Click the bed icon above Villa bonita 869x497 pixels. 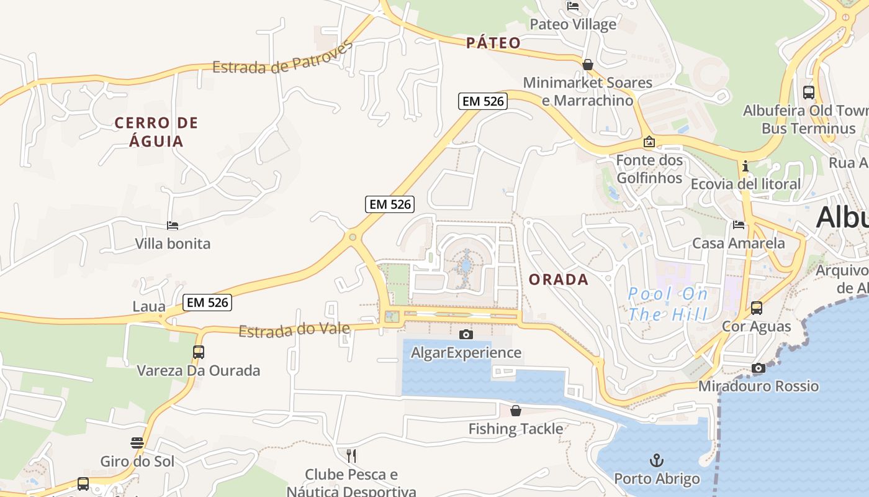(173, 226)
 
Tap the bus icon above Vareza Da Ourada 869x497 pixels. (199, 352)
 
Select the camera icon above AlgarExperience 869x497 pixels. (466, 335)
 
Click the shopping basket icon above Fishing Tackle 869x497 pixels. (515, 411)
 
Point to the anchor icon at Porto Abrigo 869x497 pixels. (656, 460)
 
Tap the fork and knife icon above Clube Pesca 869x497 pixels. (351, 456)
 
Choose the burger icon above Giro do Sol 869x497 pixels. (137, 443)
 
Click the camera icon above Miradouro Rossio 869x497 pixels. (758, 368)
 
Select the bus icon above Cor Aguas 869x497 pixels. (757, 308)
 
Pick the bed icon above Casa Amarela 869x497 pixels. (738, 225)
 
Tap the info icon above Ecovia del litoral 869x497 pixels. (745, 166)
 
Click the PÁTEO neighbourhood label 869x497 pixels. (493, 43)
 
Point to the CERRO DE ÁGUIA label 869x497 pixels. (156, 132)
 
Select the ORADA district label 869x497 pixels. (559, 280)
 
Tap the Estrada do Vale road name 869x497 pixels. (294, 329)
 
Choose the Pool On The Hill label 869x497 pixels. (667, 304)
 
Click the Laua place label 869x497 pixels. (149, 306)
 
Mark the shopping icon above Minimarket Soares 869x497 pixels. (587, 65)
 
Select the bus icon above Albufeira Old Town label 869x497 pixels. (808, 93)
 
